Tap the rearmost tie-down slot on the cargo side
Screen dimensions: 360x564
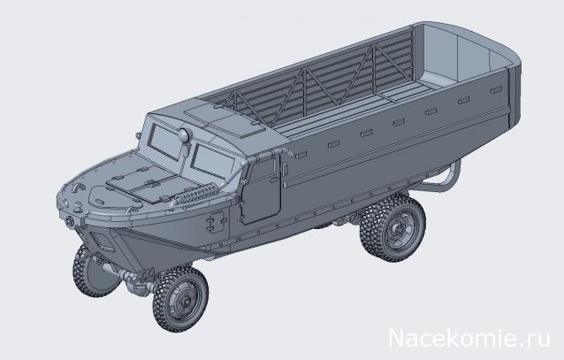[x=477, y=96]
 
